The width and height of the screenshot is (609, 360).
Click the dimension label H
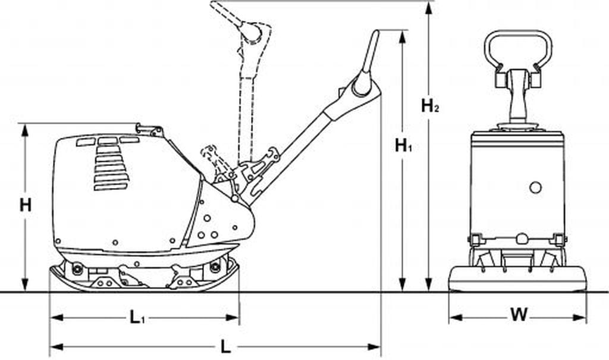(x=25, y=205)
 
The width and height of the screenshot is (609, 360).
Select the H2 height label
(x=430, y=106)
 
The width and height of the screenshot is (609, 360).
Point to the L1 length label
(x=138, y=317)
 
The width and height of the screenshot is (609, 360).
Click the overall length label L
(x=225, y=346)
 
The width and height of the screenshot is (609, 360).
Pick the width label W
(x=519, y=315)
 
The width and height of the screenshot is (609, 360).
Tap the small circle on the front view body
(x=535, y=187)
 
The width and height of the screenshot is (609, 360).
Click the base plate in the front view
(x=517, y=278)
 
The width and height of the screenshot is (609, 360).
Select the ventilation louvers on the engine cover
(x=111, y=168)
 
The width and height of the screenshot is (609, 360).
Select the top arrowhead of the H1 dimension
(x=403, y=36)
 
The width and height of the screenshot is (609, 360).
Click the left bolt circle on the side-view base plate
(x=77, y=268)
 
